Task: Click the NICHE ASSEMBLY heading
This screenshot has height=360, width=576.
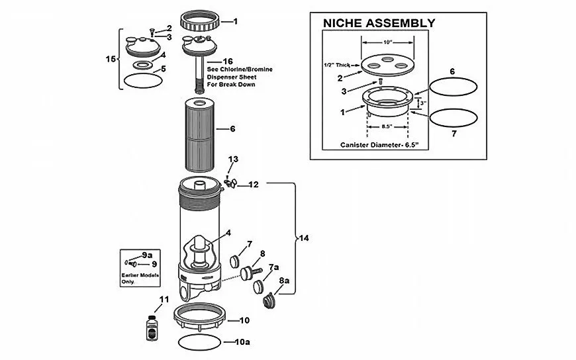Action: tap(378, 23)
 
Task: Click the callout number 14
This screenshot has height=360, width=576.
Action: tap(304, 237)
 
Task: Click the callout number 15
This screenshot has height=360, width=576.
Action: tap(111, 59)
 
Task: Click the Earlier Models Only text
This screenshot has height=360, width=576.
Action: tap(138, 277)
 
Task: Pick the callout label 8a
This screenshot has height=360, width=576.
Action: tap(284, 281)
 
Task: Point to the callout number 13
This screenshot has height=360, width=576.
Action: tap(233, 159)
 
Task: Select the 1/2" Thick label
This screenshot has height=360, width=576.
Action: tap(336, 64)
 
